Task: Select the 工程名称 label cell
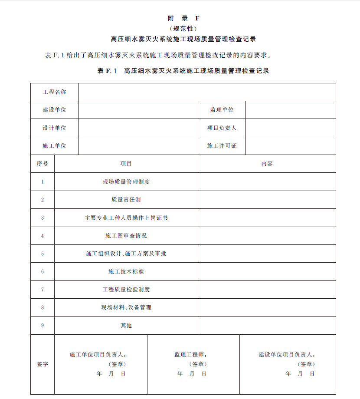click(x=54, y=92)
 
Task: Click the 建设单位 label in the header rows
click(x=54, y=110)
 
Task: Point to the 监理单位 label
click(x=222, y=110)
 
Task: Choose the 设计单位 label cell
click(x=54, y=128)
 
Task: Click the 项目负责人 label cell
click(x=222, y=128)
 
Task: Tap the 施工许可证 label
click(x=222, y=146)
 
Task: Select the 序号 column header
click(x=43, y=164)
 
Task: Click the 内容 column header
click(x=267, y=164)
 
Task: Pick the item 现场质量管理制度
click(x=126, y=182)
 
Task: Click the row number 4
click(x=43, y=236)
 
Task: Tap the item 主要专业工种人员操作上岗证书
click(x=126, y=218)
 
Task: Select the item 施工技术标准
click(x=126, y=271)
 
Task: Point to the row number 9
click(x=43, y=325)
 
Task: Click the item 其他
click(x=126, y=325)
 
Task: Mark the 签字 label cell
click(x=43, y=364)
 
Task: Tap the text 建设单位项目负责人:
click(x=287, y=355)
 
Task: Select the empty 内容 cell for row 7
click(x=267, y=289)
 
